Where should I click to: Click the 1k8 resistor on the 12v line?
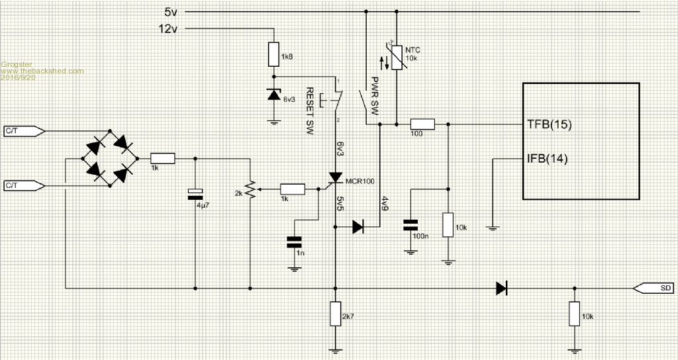click(x=273, y=54)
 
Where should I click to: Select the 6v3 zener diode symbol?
click(x=273, y=95)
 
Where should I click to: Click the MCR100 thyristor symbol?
click(x=335, y=178)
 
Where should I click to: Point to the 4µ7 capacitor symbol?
click(x=195, y=194)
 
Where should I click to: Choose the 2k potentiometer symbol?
click(x=250, y=189)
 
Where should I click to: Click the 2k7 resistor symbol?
click(x=336, y=314)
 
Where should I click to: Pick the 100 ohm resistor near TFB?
click(x=422, y=124)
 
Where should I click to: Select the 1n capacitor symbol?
click(x=294, y=242)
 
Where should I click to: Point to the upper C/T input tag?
click(x=24, y=130)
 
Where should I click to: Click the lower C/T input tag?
click(x=24, y=186)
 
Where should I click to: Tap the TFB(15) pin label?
click(x=550, y=125)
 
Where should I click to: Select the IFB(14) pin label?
click(x=548, y=159)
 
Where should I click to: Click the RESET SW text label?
click(x=310, y=111)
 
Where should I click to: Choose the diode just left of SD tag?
click(x=502, y=288)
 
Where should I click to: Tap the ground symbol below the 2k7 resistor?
click(x=336, y=350)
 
